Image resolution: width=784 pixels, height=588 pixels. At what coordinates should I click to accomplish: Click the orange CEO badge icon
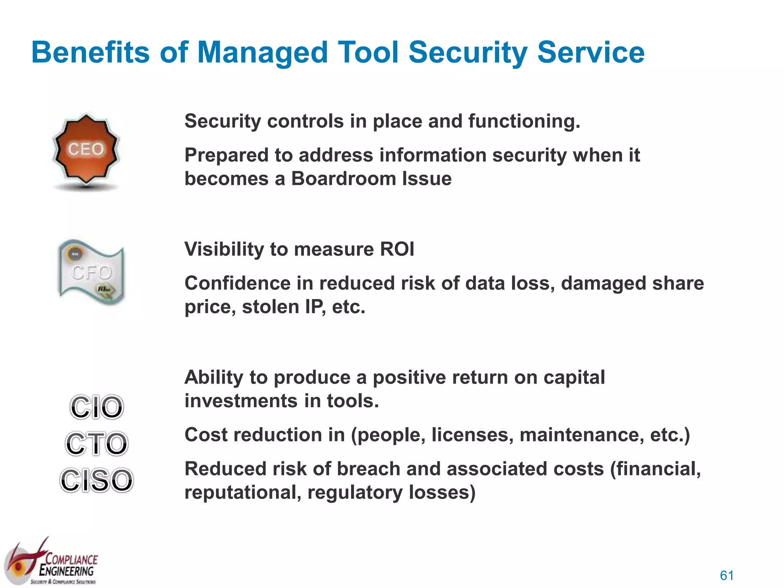click(86, 149)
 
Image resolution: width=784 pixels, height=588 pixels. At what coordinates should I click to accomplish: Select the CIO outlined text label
click(96, 407)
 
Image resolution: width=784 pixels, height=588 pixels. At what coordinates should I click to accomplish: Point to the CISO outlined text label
click(96, 480)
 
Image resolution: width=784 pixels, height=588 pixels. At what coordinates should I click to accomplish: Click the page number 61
click(727, 575)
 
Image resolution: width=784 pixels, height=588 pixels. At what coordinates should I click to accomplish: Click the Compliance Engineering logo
click(52, 563)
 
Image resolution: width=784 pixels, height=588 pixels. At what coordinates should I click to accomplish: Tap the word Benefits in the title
click(90, 52)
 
